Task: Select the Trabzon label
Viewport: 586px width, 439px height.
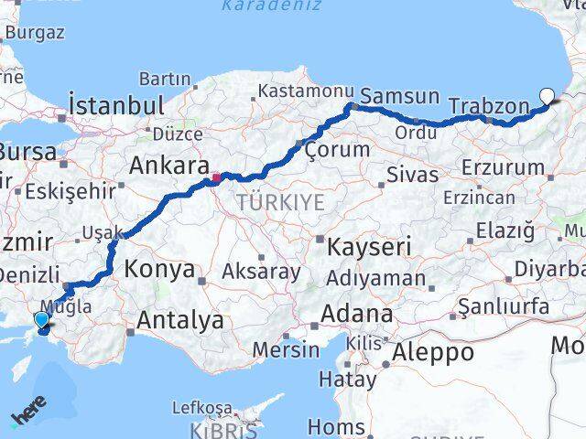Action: pos(489,106)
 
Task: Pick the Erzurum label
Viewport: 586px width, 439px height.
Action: pos(502,167)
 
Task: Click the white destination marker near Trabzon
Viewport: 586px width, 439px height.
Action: pos(548,95)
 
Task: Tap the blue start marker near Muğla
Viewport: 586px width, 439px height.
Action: pos(41,319)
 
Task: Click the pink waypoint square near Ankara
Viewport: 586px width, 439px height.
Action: pos(216,177)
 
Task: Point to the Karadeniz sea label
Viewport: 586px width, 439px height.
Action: pos(272,5)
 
